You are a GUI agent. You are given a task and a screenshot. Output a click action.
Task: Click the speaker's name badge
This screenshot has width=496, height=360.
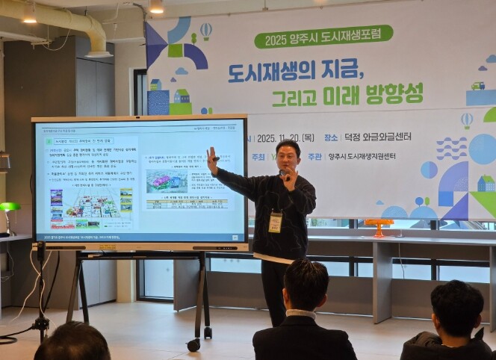coord(276,222)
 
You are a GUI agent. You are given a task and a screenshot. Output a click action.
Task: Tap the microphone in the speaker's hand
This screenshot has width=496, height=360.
coord(284,175)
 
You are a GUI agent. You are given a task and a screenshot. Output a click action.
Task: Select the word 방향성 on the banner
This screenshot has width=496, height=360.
coord(394,93)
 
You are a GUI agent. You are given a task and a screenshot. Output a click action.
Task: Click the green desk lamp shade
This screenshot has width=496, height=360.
coord(9,207)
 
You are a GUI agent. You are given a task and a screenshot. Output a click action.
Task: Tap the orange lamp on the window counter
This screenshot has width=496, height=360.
coord(379,224)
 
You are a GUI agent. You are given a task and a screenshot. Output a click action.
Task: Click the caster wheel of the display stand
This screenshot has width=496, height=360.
coord(193,344)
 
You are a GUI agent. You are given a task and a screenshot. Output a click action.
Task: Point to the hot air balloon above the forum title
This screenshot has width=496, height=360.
coord(205,31)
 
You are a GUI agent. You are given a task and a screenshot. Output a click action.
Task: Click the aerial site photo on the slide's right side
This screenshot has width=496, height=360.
coord(167,180)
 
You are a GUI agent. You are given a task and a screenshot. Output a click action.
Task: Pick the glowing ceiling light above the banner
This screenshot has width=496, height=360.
coord(156,7)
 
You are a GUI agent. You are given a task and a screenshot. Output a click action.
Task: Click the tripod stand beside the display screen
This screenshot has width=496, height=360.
coord(41,299)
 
